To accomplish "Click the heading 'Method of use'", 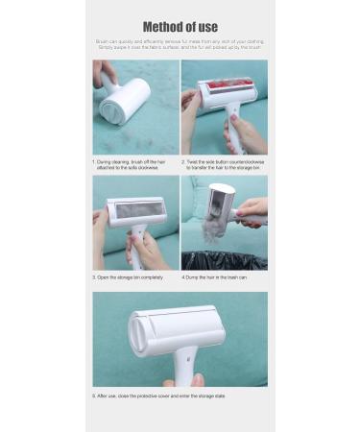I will tap(180, 27).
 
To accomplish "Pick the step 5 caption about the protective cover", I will tap(159, 395).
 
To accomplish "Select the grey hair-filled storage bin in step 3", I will tap(134, 209).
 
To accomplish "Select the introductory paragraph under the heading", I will tap(180, 45).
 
